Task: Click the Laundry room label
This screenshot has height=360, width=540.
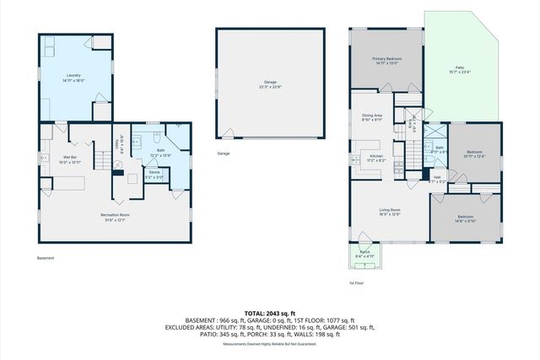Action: tap(73, 77)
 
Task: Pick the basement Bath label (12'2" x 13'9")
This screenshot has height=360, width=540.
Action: tap(160, 152)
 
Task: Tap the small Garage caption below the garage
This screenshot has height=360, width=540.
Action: tap(224, 153)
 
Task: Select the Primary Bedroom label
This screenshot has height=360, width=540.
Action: tap(387, 60)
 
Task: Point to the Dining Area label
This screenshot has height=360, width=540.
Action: tap(372, 117)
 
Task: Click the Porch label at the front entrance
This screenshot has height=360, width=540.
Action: tap(364, 253)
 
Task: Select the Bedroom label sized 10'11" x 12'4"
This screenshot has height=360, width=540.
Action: tap(474, 153)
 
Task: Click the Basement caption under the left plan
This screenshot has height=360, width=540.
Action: tap(47, 258)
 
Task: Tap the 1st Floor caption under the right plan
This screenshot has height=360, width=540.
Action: tap(357, 283)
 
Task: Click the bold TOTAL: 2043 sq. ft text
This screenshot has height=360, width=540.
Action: tap(269, 313)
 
